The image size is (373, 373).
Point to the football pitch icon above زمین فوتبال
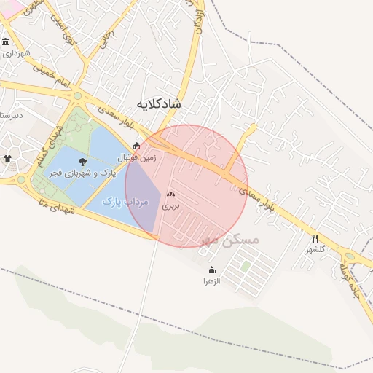136,145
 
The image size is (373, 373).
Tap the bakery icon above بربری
170,195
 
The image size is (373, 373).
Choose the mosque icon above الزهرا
211,270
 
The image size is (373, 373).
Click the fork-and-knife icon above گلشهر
315,238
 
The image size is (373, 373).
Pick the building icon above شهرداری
6,42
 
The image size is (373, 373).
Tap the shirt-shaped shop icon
8,157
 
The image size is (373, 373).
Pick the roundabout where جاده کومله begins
351,256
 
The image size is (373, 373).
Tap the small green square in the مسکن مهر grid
246,267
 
